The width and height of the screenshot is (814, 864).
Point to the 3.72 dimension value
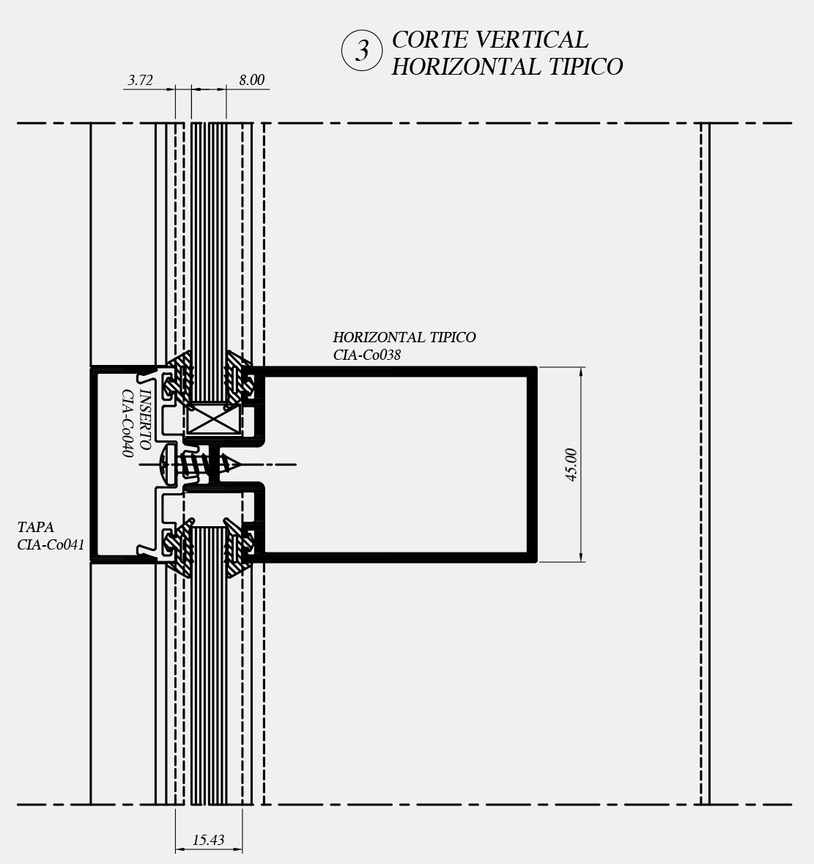click(140, 81)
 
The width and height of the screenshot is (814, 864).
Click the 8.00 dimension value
click(251, 81)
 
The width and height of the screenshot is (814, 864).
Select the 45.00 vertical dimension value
click(571, 465)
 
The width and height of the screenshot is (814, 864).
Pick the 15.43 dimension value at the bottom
click(209, 841)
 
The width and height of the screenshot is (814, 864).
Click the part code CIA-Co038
click(367, 355)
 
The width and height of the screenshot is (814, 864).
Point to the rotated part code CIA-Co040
click(127, 423)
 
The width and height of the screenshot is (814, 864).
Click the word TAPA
click(36, 527)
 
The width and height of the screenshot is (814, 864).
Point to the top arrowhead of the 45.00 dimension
click(582, 373)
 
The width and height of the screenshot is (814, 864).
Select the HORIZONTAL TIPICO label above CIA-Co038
click(404, 337)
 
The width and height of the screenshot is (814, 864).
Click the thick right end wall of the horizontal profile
click(534, 465)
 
